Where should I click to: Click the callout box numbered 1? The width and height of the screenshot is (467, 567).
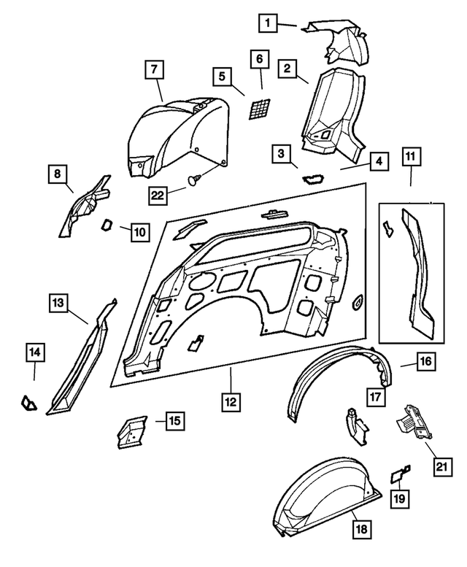click(268, 24)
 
